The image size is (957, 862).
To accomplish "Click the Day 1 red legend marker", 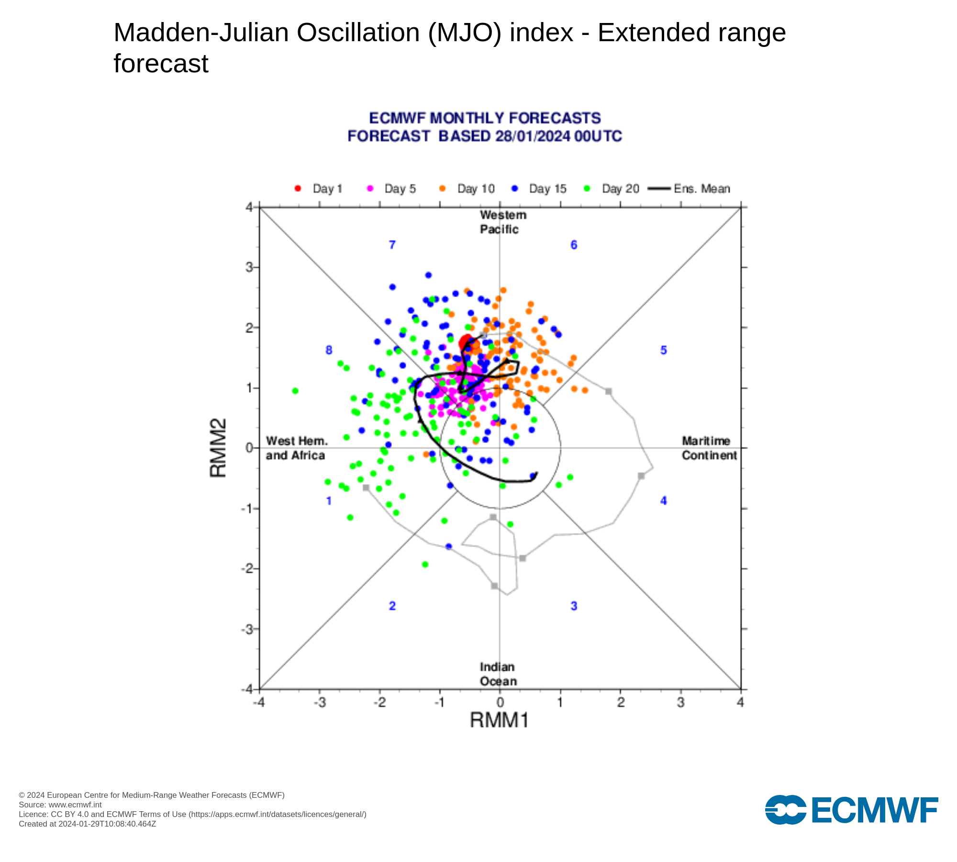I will click(298, 189).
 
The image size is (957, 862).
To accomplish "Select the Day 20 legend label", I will click(620, 189).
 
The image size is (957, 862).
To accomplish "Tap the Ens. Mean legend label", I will click(701, 189).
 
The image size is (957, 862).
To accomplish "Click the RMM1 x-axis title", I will click(499, 720).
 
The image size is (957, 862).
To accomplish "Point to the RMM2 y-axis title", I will click(218, 448).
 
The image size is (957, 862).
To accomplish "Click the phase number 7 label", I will click(392, 245).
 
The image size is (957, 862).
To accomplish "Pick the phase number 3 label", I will click(574, 606).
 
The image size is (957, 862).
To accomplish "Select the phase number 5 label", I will click(663, 351).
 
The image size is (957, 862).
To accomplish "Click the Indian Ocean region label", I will click(498, 674).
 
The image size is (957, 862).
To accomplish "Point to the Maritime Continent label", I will click(709, 448).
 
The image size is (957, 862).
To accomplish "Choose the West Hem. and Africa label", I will click(296, 448).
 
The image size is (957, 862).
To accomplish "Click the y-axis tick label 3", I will click(249, 267).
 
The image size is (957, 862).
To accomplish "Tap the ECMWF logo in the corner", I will click(851, 810).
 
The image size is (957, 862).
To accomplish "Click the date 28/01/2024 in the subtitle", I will click(533, 136).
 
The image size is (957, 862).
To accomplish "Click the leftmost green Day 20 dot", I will click(295, 391).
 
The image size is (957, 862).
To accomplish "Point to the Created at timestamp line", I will click(88, 824).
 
